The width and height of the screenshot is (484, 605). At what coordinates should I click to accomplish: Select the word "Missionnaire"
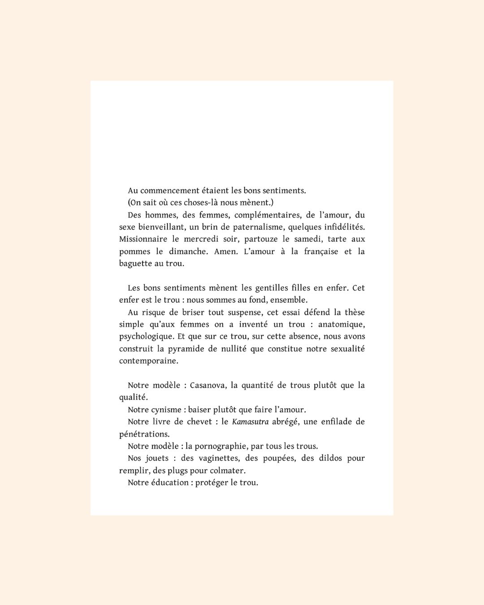click(x=143, y=239)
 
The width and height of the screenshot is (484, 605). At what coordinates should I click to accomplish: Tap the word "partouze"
click(x=261, y=239)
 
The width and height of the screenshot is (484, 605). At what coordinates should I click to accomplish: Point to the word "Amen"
click(x=225, y=251)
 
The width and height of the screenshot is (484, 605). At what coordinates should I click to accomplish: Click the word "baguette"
click(x=135, y=264)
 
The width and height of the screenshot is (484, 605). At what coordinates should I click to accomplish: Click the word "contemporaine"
click(x=148, y=361)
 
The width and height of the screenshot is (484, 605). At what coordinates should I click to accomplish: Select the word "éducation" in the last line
click(x=169, y=483)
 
